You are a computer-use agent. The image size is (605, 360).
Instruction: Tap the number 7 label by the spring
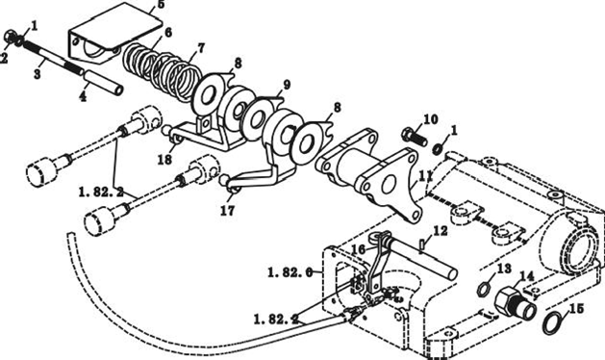pyautogui.click(x=200, y=49)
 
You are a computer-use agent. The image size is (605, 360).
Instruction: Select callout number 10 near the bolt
pyautogui.click(x=431, y=119)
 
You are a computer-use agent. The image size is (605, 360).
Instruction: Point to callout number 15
pyautogui.click(x=576, y=309)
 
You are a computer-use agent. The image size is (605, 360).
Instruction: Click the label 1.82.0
pyautogui.click(x=290, y=272)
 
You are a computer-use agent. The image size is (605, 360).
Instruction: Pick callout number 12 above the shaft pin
pyautogui.click(x=441, y=231)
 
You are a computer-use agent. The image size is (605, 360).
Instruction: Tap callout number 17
pyautogui.click(x=227, y=211)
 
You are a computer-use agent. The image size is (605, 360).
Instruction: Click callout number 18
pyautogui.click(x=164, y=160)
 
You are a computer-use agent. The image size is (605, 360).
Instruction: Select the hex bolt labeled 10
pyautogui.click(x=415, y=137)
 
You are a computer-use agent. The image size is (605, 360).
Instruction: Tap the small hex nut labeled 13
pyautogui.click(x=484, y=289)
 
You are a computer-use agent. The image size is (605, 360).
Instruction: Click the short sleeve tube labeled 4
pyautogui.click(x=104, y=83)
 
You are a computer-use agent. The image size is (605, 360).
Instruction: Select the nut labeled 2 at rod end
pyautogui.click(x=10, y=37)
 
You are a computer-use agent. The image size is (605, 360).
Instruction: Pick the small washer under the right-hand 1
pyautogui.click(x=438, y=148)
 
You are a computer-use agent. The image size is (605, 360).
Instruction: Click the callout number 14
pyautogui.click(x=527, y=276)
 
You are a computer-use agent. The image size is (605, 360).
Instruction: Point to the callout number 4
pyautogui.click(x=83, y=96)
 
